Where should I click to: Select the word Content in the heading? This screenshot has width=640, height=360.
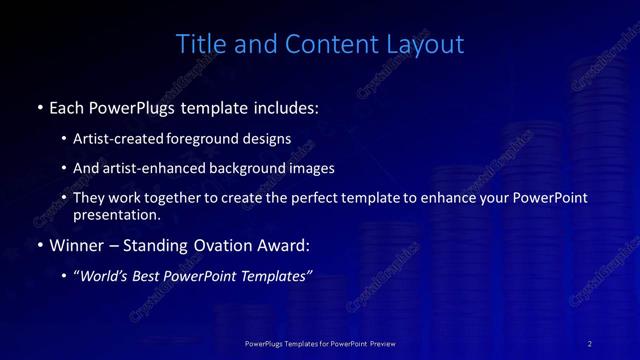(325, 44)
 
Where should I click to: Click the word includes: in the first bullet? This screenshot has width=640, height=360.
(283, 106)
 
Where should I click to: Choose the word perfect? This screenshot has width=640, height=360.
(323, 198)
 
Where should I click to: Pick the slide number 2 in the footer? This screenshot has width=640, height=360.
(590, 343)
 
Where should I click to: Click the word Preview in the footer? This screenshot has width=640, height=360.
(383, 343)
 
